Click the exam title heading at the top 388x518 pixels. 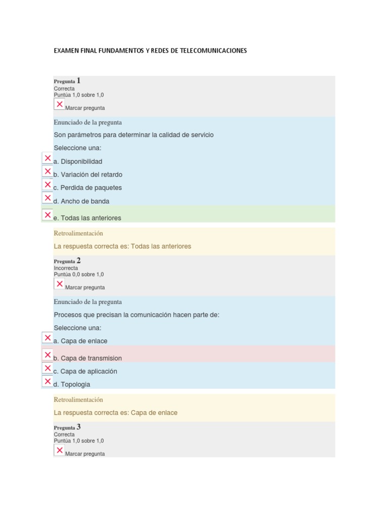150,51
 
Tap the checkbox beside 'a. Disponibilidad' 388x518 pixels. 47,158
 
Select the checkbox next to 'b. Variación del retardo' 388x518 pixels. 47,171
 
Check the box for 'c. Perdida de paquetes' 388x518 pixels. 47,185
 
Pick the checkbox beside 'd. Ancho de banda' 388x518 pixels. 47,198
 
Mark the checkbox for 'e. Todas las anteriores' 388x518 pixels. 47,215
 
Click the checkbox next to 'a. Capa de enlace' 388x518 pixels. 47,338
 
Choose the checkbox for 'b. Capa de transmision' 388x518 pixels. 47,355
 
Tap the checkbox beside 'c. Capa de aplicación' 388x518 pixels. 47,368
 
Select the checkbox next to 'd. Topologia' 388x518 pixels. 47,381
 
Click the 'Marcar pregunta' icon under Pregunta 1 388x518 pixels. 60,105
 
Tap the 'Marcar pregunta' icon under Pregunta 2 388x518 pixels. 60,284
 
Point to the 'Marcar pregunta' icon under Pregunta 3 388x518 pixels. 60,451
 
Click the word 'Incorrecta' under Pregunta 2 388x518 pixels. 66,268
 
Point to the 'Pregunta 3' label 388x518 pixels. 67,427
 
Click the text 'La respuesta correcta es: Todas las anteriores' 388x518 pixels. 122,246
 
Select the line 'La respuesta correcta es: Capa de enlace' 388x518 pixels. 115,413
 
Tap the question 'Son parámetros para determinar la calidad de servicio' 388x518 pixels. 133,135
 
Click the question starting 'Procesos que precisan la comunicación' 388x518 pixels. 136,315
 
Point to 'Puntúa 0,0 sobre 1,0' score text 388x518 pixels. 79,275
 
